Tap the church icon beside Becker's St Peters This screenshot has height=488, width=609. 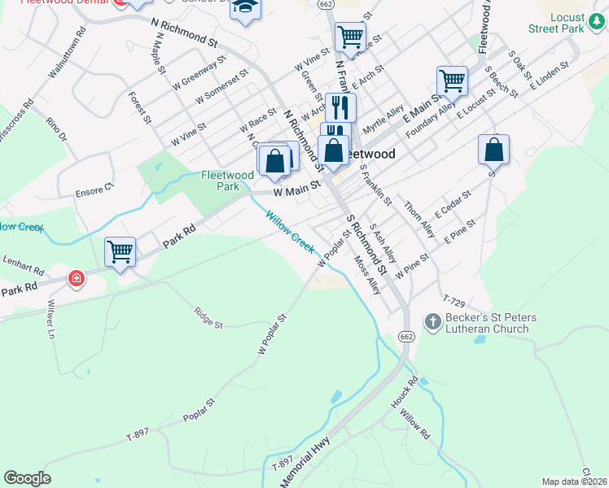pos(432,322)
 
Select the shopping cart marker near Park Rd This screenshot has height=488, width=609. pos(120,251)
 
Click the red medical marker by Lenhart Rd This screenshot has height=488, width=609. pos(76,279)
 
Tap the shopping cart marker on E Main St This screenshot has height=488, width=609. pos(452,81)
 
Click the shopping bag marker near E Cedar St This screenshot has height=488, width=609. pos(493,150)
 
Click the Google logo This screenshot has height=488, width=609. pos(27,478)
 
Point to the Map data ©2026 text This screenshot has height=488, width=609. pos(574,481)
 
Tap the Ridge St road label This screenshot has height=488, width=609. pos(208,317)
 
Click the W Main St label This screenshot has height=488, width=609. pos(297,192)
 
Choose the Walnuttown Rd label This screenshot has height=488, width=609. pos(67,54)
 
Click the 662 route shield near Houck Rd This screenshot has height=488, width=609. pos(405,336)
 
